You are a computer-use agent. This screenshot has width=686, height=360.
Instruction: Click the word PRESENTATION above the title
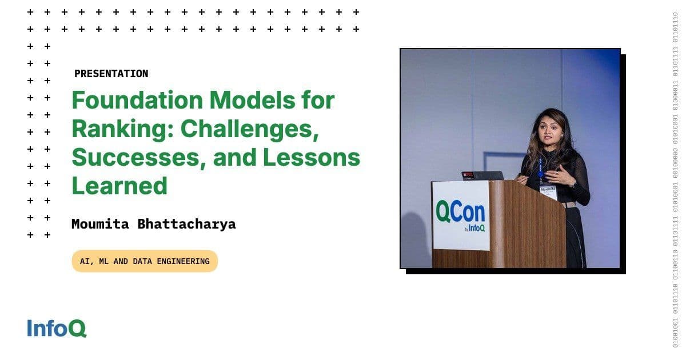111,74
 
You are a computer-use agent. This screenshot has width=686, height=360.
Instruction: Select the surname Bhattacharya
186,223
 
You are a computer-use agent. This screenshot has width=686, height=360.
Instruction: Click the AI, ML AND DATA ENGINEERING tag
145,261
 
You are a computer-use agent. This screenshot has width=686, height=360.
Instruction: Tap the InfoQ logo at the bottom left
57,329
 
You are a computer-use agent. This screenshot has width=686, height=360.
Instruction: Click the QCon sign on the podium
461,214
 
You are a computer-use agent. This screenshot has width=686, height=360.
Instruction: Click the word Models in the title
260,101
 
